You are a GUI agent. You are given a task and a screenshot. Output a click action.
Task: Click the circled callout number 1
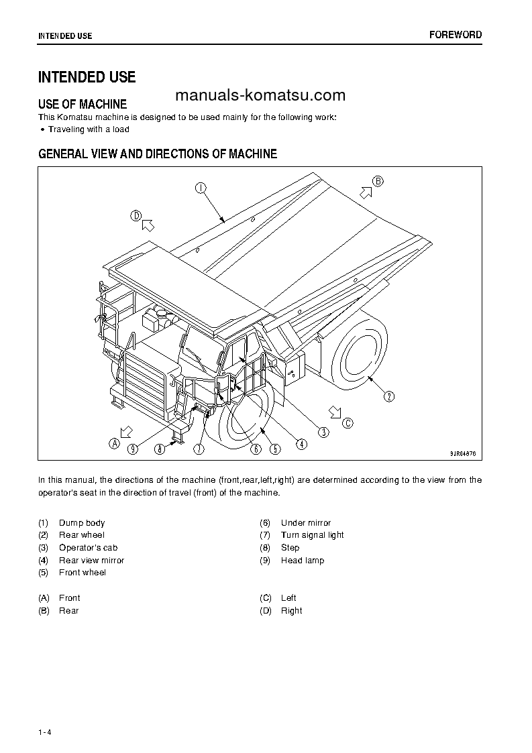coord(200,188)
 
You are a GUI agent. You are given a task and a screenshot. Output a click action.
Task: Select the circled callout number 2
coord(389,396)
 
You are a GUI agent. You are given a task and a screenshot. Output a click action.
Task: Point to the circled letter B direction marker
coord(378,181)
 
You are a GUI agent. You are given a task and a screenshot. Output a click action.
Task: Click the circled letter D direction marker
coord(136,216)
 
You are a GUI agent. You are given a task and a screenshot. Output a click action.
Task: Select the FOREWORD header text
coord(456,35)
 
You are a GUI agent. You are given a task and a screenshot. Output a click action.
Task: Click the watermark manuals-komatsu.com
coord(259,95)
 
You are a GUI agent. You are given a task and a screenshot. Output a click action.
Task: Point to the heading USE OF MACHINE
coord(83,104)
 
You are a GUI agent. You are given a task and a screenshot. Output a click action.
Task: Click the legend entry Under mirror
coord(305,523)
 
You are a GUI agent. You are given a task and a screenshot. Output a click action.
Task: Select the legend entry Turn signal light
coord(312,535)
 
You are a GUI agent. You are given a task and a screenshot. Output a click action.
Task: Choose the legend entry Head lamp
coord(302,561)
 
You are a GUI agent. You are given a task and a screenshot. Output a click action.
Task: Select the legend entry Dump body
coord(82,523)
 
